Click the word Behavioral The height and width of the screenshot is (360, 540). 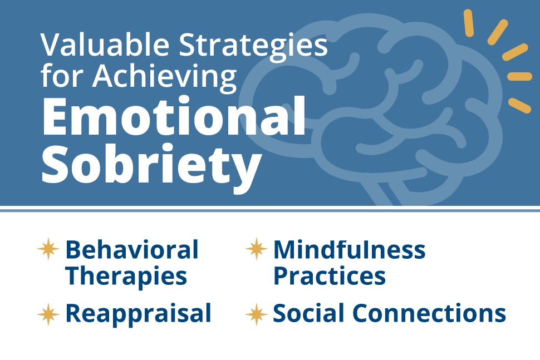tap(132, 250)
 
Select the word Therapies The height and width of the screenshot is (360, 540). tap(126, 275)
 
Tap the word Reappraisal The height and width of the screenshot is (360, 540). tap(138, 313)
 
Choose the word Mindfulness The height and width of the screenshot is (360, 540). tap(349, 250)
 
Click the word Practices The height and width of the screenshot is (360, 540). tap(329, 275)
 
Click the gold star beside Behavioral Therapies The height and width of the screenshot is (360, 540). tap(48, 249)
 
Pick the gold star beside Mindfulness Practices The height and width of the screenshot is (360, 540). tap(257, 249)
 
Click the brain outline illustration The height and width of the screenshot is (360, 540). tap(379, 111)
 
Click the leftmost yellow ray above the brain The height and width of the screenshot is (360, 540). tap(468, 23)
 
